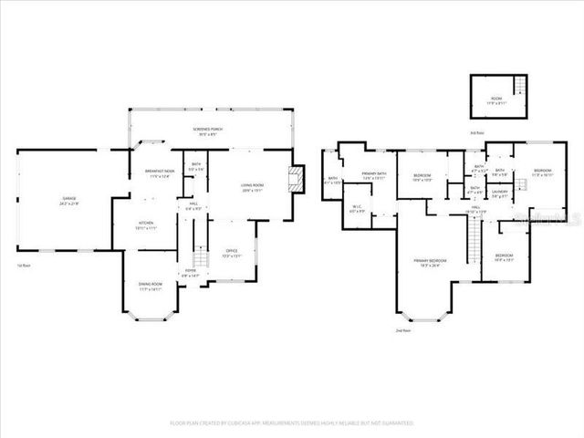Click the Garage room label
68,201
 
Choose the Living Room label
252,189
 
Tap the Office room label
232,253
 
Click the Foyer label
190,272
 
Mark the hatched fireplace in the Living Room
296,179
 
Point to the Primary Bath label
375,175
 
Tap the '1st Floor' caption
25,266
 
